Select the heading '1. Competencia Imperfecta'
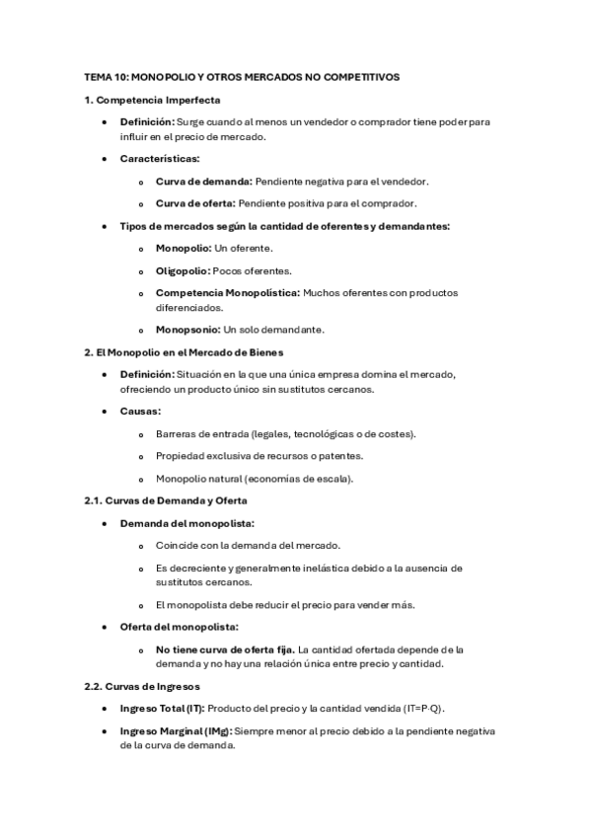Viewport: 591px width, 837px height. point(152,100)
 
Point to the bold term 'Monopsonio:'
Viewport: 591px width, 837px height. point(188,329)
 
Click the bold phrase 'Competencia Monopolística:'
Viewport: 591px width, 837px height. point(228,292)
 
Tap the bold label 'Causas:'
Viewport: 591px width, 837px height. point(141,411)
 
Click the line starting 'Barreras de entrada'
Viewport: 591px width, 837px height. point(286,433)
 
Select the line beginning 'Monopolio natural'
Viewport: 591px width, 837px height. point(255,479)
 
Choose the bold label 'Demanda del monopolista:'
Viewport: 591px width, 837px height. point(186,523)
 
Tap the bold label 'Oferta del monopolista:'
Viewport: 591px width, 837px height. point(179,627)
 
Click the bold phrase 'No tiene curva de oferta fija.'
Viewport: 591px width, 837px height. point(224,649)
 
